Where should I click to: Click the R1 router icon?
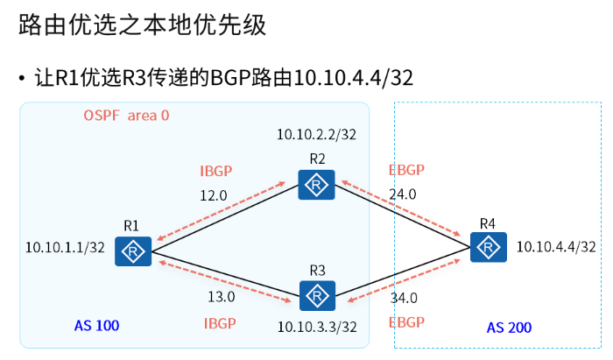[135, 251]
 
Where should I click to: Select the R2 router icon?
[316, 184]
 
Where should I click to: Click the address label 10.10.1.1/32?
[66, 247]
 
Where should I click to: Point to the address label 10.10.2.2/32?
[316, 134]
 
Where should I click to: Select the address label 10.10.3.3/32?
[317, 327]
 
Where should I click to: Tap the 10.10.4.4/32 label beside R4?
[557, 247]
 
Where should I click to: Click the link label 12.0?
[214, 194]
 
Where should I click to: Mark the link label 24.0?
[402, 194]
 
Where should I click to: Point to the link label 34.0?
[404, 298]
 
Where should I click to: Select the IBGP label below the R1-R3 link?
[221, 323]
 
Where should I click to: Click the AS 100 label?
[96, 326]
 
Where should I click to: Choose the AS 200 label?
[510, 328]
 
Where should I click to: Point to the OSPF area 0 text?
[126, 116]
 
